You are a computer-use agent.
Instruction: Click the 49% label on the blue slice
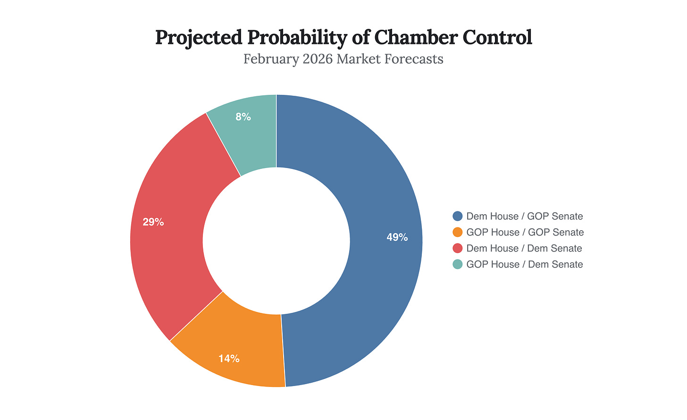[397, 237]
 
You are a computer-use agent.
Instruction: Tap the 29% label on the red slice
[153, 222]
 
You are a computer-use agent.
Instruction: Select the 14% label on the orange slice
[229, 359]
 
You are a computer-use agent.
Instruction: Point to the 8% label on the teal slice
[243, 117]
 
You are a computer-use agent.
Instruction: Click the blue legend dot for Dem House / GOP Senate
[457, 216]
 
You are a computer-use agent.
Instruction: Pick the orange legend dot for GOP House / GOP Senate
[457, 232]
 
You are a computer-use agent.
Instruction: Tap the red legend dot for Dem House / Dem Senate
[457, 248]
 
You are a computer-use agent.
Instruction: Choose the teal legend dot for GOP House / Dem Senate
[457, 264]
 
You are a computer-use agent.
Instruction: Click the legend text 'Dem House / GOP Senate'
[524, 216]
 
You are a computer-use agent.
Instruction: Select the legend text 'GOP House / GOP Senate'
[525, 232]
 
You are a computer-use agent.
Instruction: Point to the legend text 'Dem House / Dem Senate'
[524, 248]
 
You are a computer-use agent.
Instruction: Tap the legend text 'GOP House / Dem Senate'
[524, 264]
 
